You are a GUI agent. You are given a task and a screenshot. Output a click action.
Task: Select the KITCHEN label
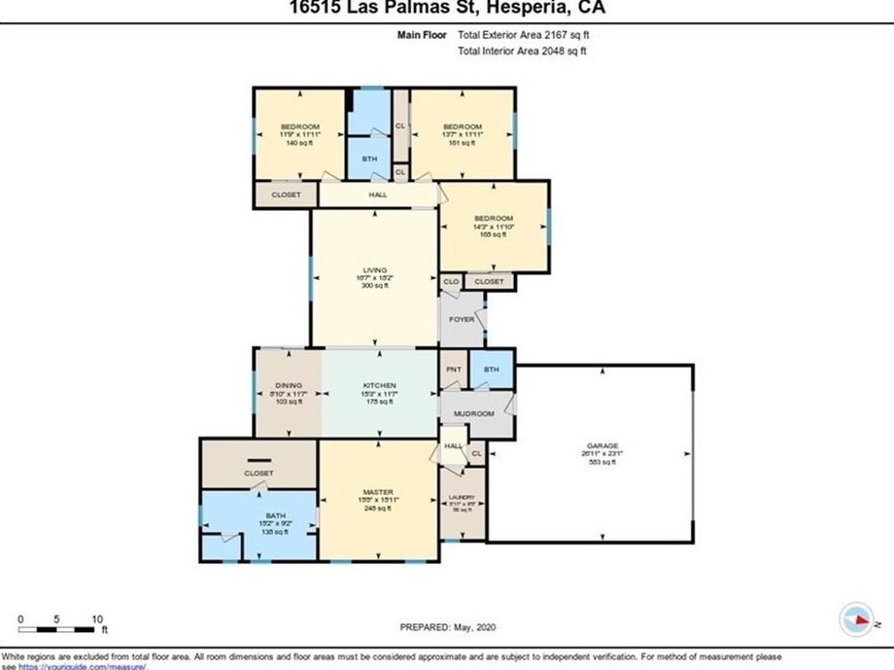tap(379, 385)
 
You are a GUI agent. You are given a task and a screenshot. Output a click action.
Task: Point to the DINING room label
tap(288, 385)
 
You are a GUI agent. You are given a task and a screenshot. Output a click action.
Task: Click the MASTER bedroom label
tap(378, 492)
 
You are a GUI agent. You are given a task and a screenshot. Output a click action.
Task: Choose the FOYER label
tap(461, 319)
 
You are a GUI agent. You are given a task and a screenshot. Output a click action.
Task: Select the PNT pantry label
tap(453, 370)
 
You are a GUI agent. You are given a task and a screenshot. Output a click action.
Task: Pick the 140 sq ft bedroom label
tap(299, 127)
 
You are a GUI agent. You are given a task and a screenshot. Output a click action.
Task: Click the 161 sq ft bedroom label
tap(462, 127)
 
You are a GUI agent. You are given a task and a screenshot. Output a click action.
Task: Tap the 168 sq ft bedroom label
tap(493, 218)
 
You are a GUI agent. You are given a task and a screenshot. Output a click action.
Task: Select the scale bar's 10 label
tap(96, 618)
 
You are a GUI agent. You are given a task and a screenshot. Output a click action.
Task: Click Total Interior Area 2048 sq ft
tap(523, 52)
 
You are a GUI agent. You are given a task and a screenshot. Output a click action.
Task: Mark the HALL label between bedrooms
tap(378, 194)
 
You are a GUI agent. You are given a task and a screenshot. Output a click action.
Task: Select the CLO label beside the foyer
tap(450, 281)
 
